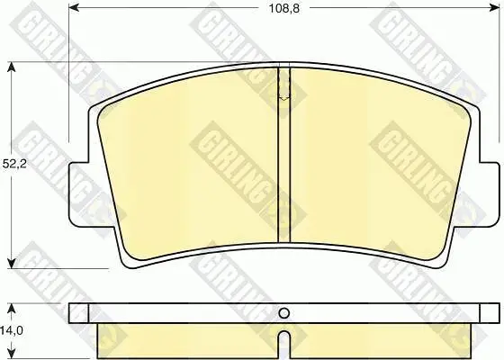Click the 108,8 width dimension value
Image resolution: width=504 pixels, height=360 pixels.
284,9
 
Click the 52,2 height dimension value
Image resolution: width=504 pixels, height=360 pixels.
14,164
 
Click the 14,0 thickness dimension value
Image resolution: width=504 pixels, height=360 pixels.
12,330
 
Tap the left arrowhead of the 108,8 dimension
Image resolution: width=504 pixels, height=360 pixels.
74,8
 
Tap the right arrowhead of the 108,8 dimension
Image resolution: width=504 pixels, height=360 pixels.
494,8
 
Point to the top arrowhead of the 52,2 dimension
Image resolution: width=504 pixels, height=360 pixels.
11,67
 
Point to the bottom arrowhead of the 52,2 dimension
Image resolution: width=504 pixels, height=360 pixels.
11,263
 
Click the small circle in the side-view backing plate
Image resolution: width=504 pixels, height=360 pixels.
283,313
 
